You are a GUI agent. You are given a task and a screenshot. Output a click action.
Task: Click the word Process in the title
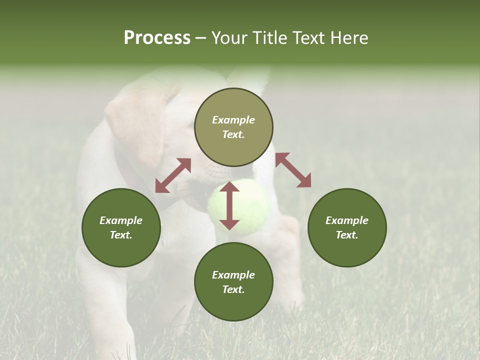tap(157, 38)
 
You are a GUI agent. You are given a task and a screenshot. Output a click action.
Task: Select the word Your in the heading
tap(230, 38)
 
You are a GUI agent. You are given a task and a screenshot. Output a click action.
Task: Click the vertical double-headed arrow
tap(229, 205)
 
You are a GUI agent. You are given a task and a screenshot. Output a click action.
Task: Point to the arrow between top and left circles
tap(173, 175)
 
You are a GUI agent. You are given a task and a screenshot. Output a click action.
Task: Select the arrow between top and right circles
tap(293, 170)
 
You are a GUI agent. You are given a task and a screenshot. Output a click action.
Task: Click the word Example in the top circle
tap(233, 120)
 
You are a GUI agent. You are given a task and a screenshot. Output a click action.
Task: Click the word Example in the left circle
tap(121, 220)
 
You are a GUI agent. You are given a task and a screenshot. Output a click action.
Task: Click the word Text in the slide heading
tap(309, 38)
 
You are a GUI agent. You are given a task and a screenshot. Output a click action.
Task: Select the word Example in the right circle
tap(347, 220)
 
